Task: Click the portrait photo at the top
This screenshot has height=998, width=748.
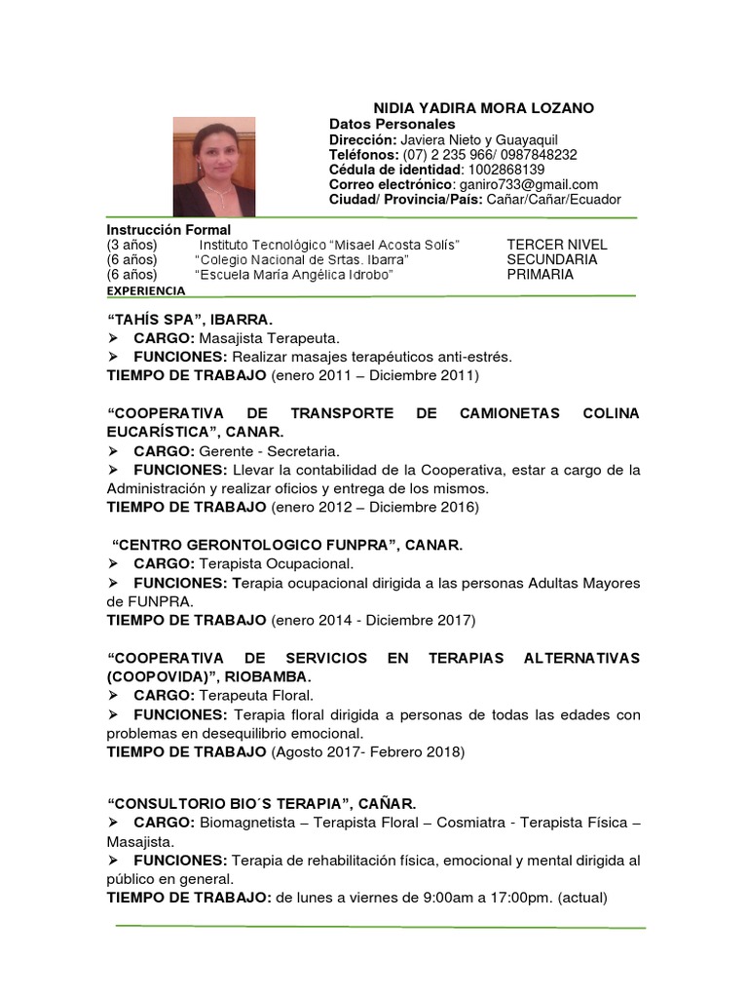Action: (213, 167)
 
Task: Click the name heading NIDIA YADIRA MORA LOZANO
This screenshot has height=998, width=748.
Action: (484, 108)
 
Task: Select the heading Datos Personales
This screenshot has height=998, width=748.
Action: (392, 125)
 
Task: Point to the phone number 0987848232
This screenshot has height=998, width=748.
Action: (537, 155)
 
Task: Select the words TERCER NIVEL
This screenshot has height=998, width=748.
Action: (556, 245)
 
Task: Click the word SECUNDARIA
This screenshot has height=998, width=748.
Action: (551, 260)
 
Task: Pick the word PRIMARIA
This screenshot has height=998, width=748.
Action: (540, 275)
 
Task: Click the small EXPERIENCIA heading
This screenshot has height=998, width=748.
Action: (145, 290)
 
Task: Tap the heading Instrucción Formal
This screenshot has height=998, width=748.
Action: (168, 230)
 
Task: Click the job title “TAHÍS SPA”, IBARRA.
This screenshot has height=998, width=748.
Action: (190, 319)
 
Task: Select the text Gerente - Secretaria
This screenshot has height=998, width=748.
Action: (270, 451)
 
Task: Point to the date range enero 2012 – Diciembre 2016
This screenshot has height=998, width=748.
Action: (374, 508)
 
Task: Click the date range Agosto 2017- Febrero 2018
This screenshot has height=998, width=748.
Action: (369, 751)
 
